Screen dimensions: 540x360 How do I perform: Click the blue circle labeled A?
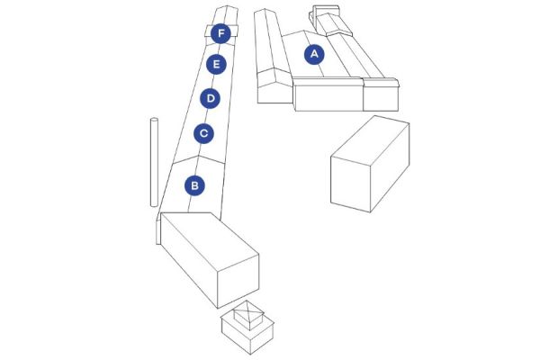tap(314, 54)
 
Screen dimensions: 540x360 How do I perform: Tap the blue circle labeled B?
tap(194, 185)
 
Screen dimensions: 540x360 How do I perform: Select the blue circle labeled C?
tap(204, 133)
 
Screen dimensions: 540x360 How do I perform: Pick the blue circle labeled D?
tap(210, 98)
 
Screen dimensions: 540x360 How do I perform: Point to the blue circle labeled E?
tap(216, 65)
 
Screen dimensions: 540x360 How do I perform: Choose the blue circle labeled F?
tap(220, 34)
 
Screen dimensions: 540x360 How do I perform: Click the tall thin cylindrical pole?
tap(154, 162)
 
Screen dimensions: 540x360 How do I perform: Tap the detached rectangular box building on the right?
tap(370, 164)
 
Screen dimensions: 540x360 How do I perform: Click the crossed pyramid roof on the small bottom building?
tap(249, 312)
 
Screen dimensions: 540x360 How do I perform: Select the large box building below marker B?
tap(210, 260)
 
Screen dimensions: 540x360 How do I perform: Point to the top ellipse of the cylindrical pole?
tap(154, 120)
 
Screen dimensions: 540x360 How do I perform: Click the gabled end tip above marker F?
tap(226, 7)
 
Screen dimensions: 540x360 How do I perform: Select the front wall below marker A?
tap(329, 97)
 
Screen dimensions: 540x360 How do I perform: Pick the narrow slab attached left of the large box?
tap(158, 231)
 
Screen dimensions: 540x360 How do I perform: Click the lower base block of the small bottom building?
tap(248, 335)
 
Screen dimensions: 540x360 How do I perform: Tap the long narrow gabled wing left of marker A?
tap(272, 57)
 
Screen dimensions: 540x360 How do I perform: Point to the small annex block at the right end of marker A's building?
tap(382, 94)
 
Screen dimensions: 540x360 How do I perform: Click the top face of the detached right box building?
tap(370, 137)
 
